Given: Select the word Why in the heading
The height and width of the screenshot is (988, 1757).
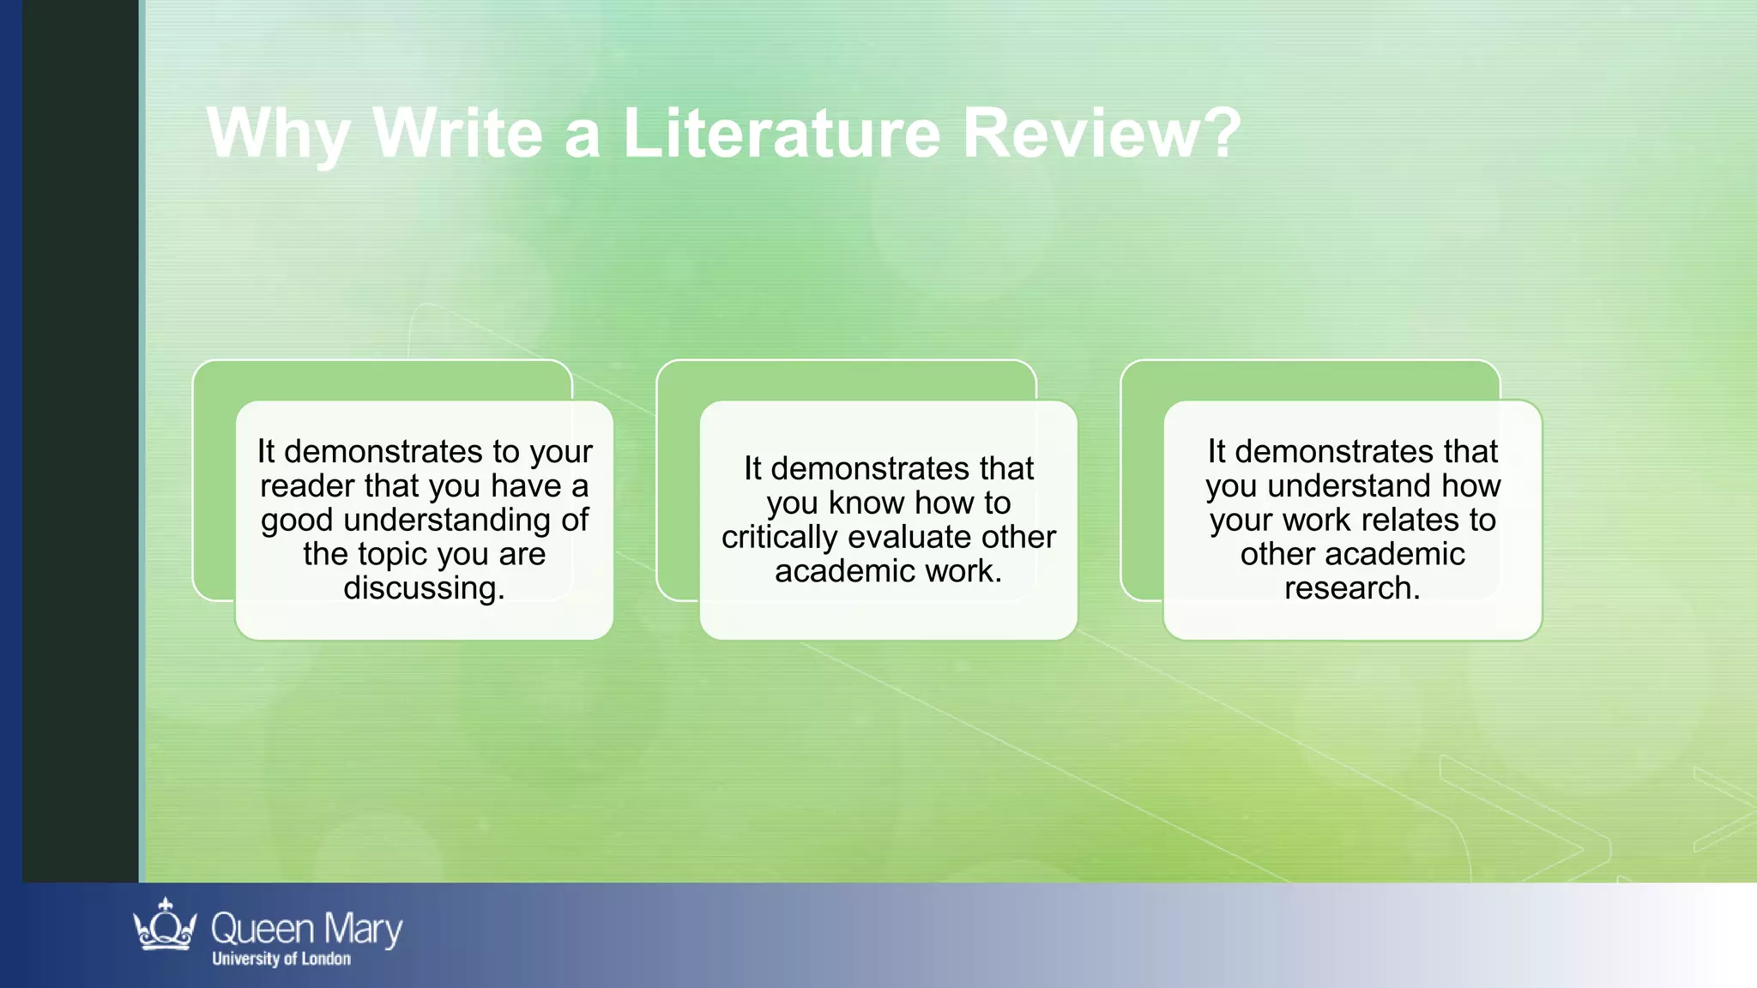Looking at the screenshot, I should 277,135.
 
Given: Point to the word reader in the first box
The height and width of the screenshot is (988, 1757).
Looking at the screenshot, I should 307,486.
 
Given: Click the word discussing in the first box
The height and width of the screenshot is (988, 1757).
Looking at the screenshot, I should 424,589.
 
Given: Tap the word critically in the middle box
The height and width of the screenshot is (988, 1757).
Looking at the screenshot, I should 779,538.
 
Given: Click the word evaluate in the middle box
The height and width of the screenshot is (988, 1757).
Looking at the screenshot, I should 909,537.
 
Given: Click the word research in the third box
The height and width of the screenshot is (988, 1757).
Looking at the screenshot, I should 1352,588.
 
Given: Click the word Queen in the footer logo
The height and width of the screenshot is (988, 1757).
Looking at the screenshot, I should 263,930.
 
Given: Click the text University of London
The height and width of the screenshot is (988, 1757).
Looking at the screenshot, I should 281,959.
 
